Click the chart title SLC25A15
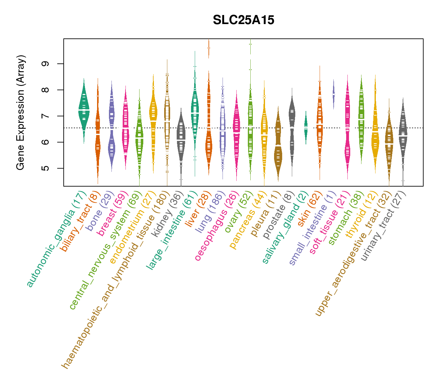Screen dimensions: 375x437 click(243, 20)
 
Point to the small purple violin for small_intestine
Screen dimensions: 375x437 click(334, 94)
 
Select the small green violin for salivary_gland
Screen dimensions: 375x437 click(306, 127)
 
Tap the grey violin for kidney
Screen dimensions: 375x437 click(181, 137)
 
